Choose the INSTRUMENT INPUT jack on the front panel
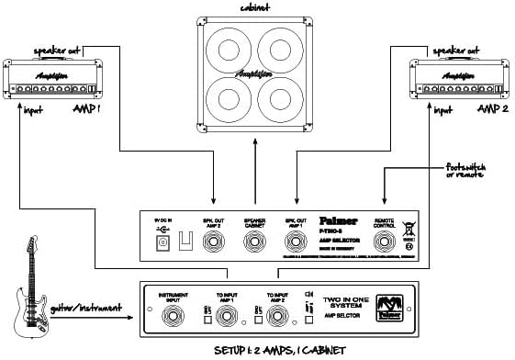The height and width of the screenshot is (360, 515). tap(172, 316)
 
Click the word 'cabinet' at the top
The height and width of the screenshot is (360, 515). tap(255, 8)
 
